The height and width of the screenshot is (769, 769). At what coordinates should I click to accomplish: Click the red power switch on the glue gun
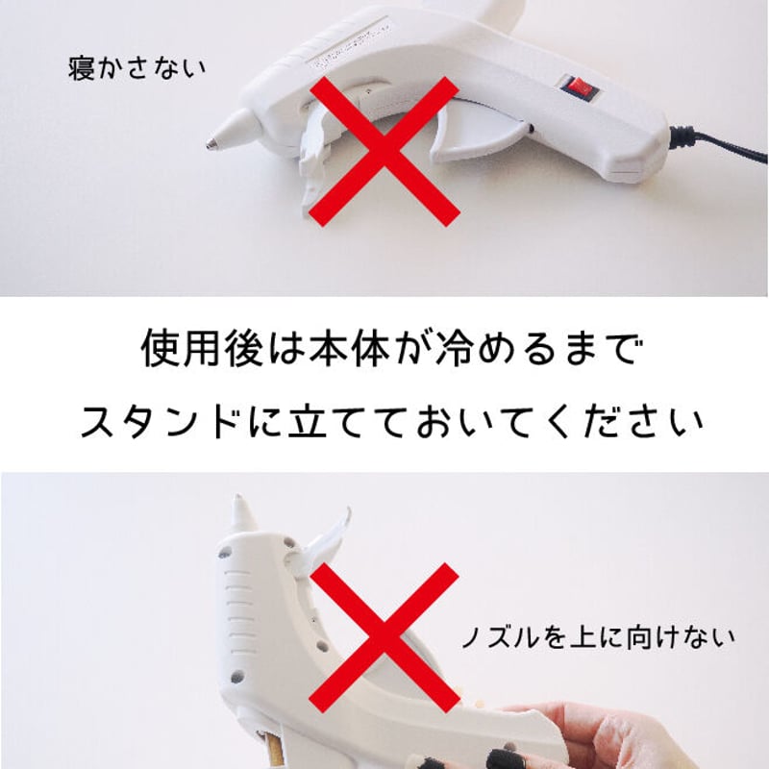[581, 88]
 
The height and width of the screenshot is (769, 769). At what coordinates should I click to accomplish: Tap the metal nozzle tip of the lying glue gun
[211, 143]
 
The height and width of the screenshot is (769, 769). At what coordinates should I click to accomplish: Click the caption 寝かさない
[136, 68]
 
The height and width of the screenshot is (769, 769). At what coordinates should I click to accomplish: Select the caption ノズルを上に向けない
[598, 637]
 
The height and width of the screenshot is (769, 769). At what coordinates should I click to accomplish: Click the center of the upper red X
[385, 151]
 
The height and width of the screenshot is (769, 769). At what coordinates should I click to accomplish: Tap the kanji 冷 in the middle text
[454, 349]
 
